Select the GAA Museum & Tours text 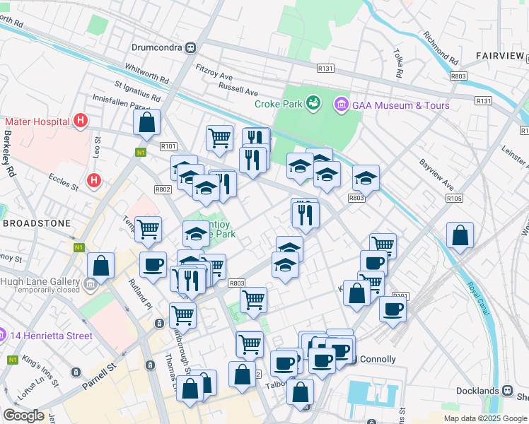(x=401, y=105)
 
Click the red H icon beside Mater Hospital (x=81, y=121)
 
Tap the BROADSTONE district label (x=36, y=223)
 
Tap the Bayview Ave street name (x=436, y=175)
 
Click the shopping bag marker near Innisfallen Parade (x=146, y=123)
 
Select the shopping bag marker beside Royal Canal (x=460, y=237)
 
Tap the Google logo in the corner (x=23, y=416)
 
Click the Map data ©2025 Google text (x=485, y=418)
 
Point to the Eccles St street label (x=63, y=182)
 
